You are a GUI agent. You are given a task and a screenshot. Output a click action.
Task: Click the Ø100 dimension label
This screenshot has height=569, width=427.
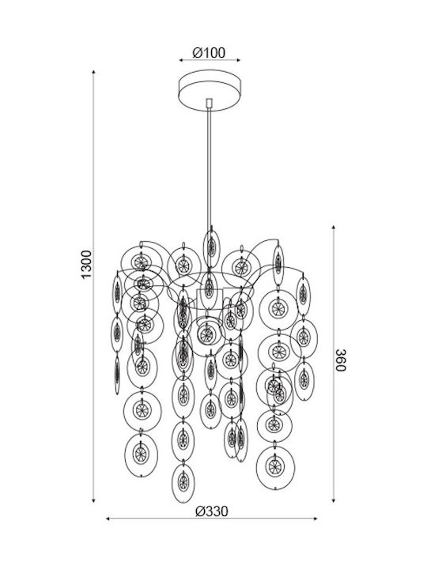[209, 53]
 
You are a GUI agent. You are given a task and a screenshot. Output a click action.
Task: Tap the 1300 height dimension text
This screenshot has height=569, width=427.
[87, 265]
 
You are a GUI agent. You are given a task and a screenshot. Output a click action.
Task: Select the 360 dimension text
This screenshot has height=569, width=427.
[341, 360]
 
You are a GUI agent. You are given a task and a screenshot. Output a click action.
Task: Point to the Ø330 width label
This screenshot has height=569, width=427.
[212, 511]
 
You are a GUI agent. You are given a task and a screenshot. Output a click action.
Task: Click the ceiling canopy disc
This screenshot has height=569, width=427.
[210, 89]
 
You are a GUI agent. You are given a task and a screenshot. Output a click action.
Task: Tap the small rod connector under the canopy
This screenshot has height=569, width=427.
[209, 103]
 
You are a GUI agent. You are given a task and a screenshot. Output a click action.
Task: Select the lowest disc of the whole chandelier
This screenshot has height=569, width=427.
[183, 483]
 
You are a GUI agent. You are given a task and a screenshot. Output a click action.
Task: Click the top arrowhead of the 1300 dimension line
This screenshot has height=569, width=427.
[93, 72]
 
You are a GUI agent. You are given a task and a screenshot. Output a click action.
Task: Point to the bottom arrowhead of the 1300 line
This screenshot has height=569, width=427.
[93, 500]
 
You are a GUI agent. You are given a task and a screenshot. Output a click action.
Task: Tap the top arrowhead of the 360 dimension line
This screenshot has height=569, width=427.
[334, 227]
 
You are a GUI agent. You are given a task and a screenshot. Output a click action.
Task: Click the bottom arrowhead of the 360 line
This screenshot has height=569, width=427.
[334, 500]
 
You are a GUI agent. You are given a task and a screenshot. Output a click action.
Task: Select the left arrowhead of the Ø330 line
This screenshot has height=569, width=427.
[108, 519]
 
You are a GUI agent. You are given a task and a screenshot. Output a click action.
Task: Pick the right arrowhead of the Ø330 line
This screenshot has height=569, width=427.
[316, 519]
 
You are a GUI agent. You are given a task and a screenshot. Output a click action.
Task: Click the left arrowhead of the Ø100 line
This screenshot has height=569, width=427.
[181, 60]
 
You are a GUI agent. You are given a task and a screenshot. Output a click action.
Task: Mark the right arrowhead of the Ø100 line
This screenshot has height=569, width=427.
[238, 60]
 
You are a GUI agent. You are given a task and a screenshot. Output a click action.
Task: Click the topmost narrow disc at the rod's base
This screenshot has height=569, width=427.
[211, 248]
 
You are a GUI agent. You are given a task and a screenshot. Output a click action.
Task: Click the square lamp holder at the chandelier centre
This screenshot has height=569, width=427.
[210, 300]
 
